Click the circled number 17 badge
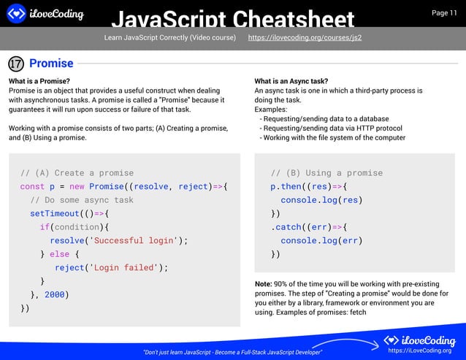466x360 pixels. coord(16,64)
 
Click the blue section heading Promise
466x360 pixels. coord(50,64)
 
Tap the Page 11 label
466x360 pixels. coord(444,13)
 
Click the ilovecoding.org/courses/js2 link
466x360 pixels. coord(305,37)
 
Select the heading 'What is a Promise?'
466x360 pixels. coord(39,80)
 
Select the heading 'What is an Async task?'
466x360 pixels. coord(291,80)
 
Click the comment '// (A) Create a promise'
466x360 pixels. coord(77,173)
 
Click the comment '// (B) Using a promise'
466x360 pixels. coord(326,173)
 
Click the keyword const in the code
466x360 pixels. coord(32,186)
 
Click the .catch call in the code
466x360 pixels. coord(291,226)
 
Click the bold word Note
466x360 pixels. coord(263,283)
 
